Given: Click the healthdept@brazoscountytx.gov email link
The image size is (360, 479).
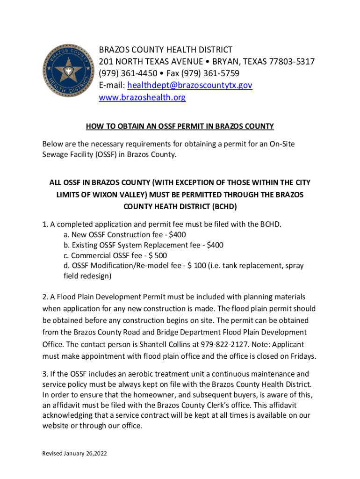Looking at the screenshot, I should pyautogui.click(x=187, y=86).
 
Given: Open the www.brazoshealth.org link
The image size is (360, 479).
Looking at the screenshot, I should pyautogui.click(x=142, y=98).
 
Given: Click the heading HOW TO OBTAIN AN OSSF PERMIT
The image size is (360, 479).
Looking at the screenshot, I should pyautogui.click(x=180, y=126).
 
